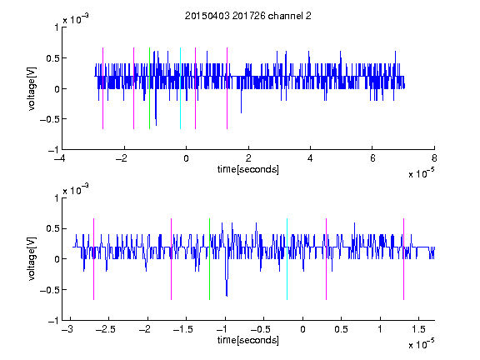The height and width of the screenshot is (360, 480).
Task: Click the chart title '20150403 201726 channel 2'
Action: coord(248,16)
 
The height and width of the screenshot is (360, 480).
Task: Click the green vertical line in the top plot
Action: coord(149,88)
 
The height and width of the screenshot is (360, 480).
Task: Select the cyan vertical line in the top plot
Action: coord(180,88)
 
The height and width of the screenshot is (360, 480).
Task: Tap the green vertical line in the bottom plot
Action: coord(209,259)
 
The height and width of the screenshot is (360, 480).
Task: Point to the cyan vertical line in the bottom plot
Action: coord(287,259)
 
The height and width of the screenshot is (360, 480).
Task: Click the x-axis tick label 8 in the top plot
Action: coord(434,158)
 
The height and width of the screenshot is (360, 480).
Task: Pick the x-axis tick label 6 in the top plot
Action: coord(372,158)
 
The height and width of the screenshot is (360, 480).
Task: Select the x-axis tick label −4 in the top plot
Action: coord(60,158)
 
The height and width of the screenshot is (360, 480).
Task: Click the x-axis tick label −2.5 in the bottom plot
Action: coord(105,329)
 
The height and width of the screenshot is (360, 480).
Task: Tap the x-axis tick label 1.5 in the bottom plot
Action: coord(418,329)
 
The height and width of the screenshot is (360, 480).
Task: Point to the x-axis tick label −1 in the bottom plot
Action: coord(222,329)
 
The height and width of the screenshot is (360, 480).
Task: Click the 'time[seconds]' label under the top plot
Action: coord(248,169)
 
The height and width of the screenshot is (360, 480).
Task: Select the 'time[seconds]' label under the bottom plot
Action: coord(248,340)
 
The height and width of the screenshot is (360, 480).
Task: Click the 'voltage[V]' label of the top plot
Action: coord(32,88)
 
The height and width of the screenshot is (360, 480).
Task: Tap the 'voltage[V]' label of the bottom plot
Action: coord(32,259)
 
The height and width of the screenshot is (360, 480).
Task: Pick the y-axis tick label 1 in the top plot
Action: coord(57,27)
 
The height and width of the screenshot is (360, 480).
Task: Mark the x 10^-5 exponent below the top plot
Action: coord(421,173)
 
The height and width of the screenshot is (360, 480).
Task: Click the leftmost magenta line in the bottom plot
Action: coord(93,259)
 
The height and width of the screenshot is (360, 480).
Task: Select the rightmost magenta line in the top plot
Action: coord(227,88)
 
